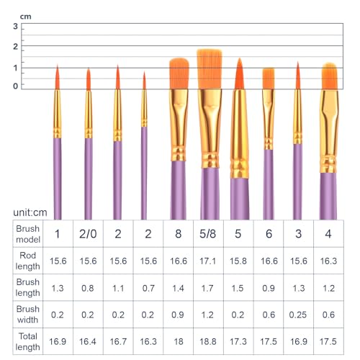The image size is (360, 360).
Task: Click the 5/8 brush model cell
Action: tap(208, 234)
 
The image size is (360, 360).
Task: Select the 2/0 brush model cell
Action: tap(88, 234)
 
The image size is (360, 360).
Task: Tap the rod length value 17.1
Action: tap(208, 261)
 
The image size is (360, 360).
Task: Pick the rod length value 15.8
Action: tap(238, 261)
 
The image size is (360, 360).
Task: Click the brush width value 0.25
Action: tap(298, 315)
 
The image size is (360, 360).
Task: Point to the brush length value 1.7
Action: tap(207, 288)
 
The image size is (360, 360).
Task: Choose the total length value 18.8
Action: tap(208, 341)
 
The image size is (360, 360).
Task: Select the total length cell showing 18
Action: tap(179, 341)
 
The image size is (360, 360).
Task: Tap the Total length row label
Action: tap(27, 341)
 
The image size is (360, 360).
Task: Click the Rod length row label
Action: tap(27, 261)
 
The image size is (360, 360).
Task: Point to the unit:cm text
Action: tap(30, 212)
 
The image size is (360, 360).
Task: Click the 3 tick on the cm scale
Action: tap(16, 26)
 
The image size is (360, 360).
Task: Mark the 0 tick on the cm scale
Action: tap(16, 86)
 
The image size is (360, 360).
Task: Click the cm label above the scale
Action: tap(25, 17)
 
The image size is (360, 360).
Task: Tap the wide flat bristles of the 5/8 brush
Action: tap(210, 69)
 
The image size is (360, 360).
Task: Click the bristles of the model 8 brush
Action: tap(179, 73)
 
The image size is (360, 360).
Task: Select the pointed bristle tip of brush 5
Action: tap(239, 58)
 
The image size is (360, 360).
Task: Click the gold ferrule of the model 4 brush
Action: tap(329, 131)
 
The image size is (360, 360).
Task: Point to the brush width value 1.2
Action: tap(207, 315)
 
